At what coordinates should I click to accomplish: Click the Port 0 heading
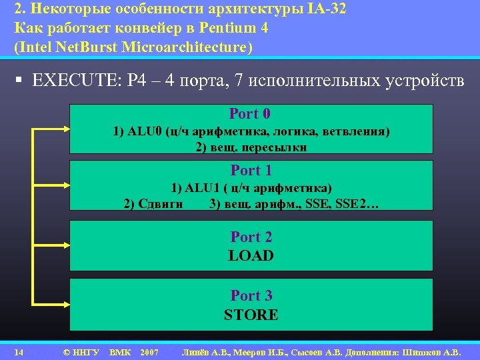pos(250,114)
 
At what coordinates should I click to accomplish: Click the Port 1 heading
pos(251,171)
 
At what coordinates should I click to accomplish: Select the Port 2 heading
pos(251,237)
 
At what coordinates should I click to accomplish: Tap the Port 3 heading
pos(251,295)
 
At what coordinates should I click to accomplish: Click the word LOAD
pos(251,255)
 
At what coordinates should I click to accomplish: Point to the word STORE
pos(251,315)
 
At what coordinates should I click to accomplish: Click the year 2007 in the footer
pos(149,351)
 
